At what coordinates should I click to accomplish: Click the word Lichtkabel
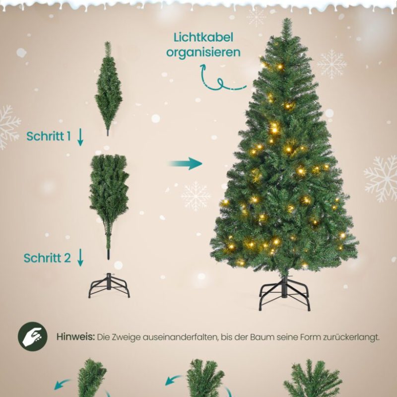(203, 38)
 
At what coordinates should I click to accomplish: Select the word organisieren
(203, 53)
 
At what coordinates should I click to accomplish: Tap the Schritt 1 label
(49, 136)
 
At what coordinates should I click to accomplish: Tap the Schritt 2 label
(47, 258)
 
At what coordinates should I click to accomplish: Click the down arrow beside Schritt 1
(80, 137)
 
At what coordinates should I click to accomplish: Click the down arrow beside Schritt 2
(80, 257)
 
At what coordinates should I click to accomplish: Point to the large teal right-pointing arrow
(185, 164)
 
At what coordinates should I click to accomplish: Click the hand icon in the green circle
(33, 336)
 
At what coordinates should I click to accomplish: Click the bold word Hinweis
(75, 337)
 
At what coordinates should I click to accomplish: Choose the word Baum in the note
(262, 337)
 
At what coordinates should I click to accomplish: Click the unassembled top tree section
(108, 89)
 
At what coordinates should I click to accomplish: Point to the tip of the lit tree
(287, 19)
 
